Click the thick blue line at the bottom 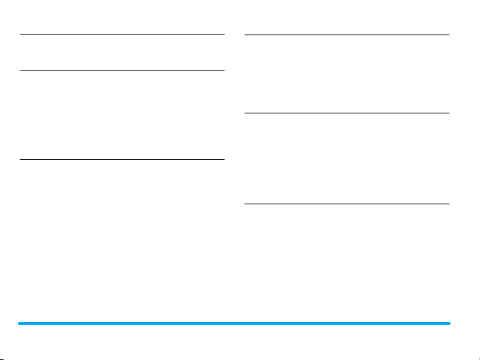click(x=233, y=323)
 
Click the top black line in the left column click(x=121, y=34)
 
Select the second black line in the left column click(x=121, y=70)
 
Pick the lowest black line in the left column click(x=121, y=159)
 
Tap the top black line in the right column click(x=346, y=35)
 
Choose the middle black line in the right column click(x=346, y=113)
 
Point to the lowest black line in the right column click(x=346, y=204)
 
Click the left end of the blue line click(x=19, y=323)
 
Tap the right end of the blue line click(x=448, y=323)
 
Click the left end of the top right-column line click(x=245, y=35)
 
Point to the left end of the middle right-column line click(x=245, y=113)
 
